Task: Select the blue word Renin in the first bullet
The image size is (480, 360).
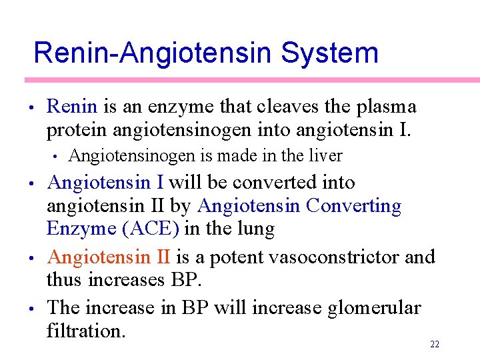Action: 72,107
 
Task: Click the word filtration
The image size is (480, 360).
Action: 86,331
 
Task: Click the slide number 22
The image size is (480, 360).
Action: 435,344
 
